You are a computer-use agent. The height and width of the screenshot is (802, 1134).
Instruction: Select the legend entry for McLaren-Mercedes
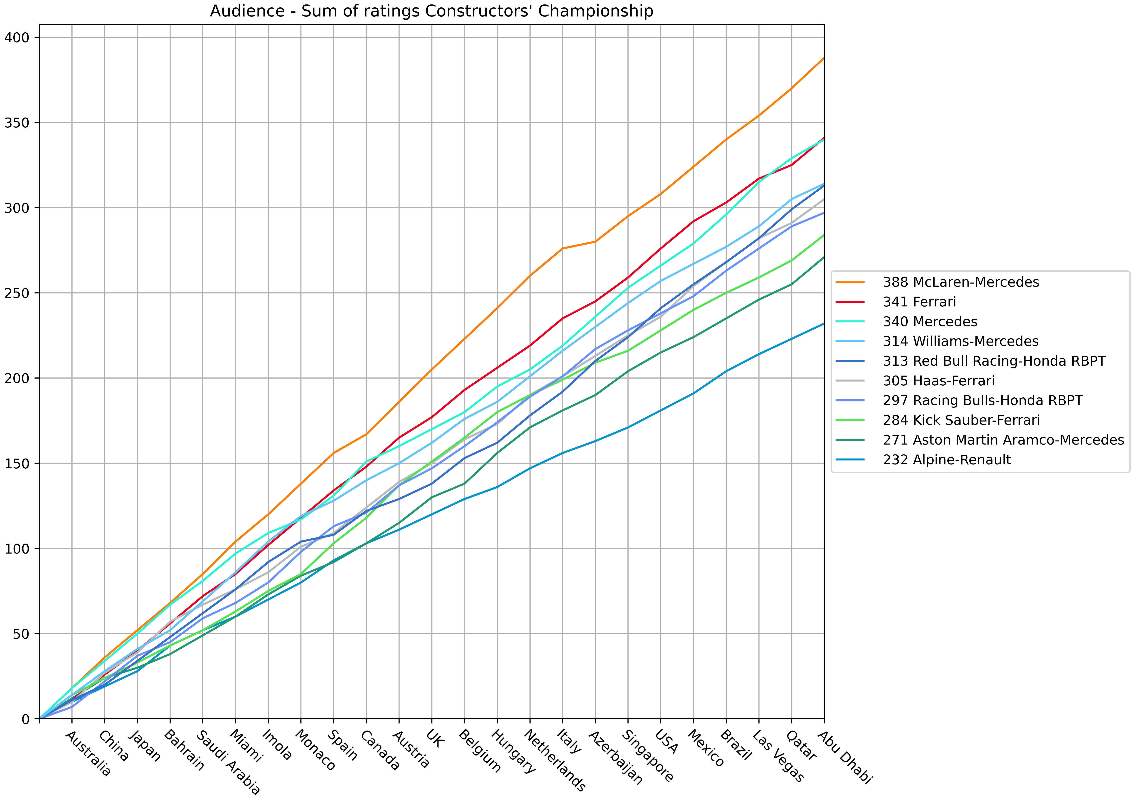point(961,282)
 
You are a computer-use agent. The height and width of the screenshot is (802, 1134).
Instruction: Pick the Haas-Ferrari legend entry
point(938,381)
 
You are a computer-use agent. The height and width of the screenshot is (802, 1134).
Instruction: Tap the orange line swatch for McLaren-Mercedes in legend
point(850,282)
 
